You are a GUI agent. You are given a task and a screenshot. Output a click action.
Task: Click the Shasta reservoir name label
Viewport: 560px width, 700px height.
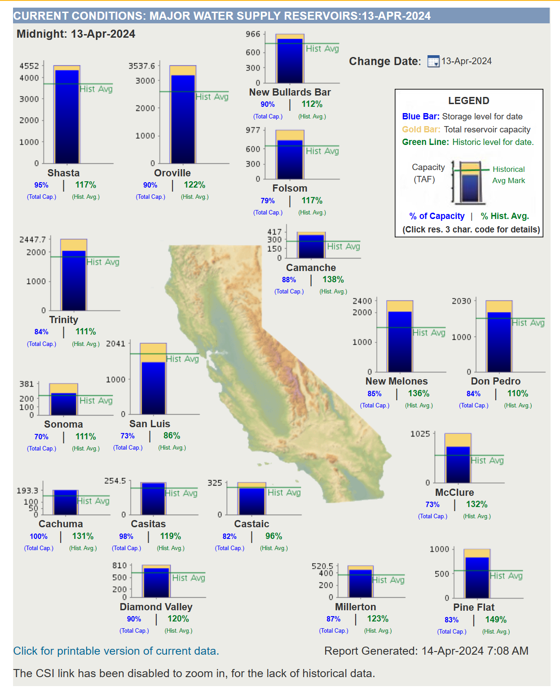click(x=63, y=173)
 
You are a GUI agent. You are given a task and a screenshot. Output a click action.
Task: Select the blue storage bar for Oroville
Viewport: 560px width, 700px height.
click(x=183, y=119)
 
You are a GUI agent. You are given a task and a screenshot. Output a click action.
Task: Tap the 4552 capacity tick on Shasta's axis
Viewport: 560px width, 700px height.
click(x=29, y=66)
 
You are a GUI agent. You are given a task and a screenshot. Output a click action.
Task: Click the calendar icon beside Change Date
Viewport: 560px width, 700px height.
click(x=433, y=61)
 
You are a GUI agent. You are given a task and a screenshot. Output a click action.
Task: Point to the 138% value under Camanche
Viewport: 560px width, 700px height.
click(x=333, y=280)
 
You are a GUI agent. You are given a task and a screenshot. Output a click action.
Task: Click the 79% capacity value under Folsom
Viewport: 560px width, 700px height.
click(x=268, y=201)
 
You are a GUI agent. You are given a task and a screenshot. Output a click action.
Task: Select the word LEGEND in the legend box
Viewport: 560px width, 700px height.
click(x=468, y=101)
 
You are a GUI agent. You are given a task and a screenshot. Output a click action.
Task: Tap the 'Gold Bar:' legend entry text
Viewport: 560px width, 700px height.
click(x=421, y=130)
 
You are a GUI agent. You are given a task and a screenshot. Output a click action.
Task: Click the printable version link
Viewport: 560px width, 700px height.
click(x=116, y=651)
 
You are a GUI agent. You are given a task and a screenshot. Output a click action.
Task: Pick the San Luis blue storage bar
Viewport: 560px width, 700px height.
click(x=153, y=388)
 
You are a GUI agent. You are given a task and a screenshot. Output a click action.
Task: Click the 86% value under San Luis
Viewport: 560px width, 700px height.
click(x=172, y=436)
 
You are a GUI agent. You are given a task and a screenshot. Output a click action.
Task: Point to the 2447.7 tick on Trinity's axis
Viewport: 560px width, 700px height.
click(x=32, y=240)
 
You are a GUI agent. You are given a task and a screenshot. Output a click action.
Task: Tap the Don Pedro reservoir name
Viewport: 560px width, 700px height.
click(x=495, y=381)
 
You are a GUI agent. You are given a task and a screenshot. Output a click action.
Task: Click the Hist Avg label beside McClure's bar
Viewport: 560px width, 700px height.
click(x=487, y=461)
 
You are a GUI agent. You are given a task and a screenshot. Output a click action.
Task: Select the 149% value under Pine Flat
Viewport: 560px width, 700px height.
click(x=496, y=620)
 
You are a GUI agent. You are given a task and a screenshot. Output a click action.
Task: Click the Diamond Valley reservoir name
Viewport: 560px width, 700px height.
click(x=156, y=607)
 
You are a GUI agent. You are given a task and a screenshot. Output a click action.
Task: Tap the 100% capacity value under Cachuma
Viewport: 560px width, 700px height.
click(x=39, y=537)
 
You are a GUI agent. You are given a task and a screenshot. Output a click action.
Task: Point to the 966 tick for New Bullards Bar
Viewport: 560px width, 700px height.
click(x=253, y=34)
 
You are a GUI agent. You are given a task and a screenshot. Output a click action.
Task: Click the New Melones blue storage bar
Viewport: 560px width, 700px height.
click(x=400, y=341)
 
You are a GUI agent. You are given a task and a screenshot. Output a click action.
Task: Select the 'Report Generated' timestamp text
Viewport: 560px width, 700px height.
click(x=426, y=651)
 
